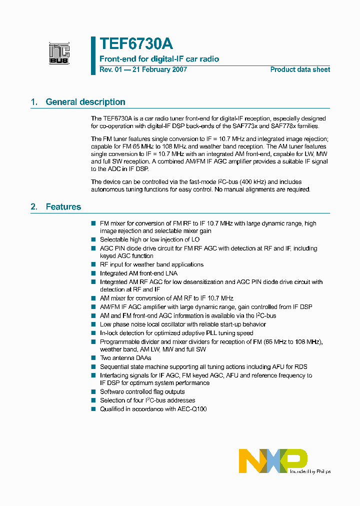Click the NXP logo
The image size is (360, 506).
click(273, 460)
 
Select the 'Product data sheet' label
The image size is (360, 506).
click(300, 69)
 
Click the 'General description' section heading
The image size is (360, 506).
click(85, 102)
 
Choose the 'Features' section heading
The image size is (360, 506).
click(63, 206)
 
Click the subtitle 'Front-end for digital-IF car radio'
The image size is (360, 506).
click(159, 59)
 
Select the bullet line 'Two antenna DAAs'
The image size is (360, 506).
click(125, 358)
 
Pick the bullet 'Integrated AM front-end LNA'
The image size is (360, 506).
click(138, 273)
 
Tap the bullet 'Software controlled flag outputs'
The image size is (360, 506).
click(142, 392)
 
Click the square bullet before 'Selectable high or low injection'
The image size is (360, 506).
click(93, 239)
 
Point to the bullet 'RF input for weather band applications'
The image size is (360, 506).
click(151, 264)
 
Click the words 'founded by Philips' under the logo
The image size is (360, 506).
click(310, 471)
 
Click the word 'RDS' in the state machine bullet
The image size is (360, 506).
click(300, 366)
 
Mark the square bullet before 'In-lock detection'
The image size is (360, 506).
click(93, 332)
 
